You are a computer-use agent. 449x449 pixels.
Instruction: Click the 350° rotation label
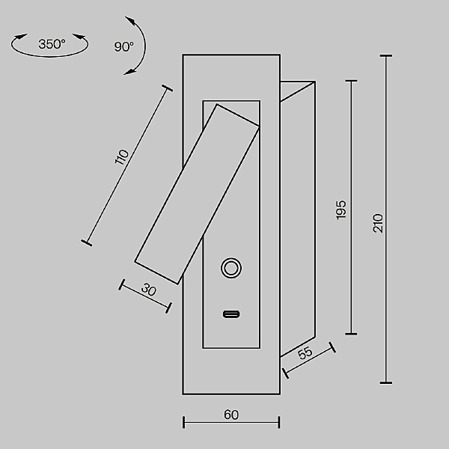pyautogui.click(x=52, y=44)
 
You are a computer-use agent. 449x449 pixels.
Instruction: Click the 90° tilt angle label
pyautogui.click(x=123, y=46)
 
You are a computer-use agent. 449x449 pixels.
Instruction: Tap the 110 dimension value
pyautogui.click(x=122, y=157)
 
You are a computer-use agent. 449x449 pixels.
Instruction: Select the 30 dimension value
pyautogui.click(x=149, y=290)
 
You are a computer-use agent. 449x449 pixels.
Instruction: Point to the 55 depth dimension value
pyautogui.click(x=305, y=352)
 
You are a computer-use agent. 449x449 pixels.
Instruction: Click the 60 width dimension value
pyautogui.click(x=231, y=415)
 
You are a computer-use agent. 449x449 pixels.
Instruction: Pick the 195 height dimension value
pyautogui.click(x=340, y=210)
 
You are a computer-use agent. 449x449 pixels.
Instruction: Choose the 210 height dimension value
pyautogui.click(x=378, y=223)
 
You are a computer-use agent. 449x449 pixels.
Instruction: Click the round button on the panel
pyautogui.click(x=231, y=268)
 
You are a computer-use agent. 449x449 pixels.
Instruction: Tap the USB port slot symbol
pyautogui.click(x=231, y=314)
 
